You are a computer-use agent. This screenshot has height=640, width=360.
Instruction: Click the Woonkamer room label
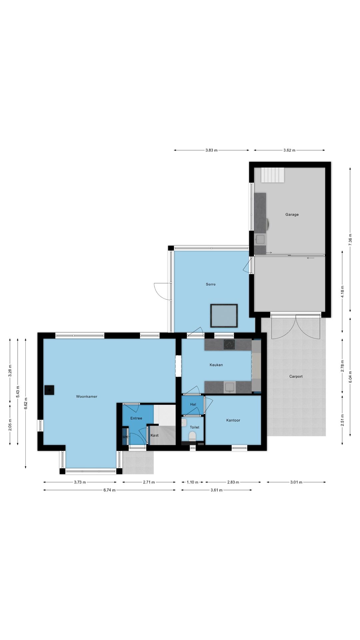(87, 397)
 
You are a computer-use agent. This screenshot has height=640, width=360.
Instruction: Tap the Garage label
(292, 215)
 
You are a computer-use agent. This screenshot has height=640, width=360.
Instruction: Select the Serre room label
(211, 284)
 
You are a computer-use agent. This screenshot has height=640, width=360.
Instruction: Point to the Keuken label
(216, 365)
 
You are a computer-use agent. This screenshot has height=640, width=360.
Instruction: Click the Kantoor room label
(233, 420)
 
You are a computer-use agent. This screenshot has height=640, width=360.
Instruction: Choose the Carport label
(296, 377)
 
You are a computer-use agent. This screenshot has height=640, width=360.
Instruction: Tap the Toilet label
(195, 427)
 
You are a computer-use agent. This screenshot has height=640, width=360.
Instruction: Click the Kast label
(155, 435)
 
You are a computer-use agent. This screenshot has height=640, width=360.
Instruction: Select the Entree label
(136, 418)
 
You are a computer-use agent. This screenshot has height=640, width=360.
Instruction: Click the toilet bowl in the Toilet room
(192, 436)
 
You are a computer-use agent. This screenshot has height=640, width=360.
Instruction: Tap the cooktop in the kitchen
(229, 344)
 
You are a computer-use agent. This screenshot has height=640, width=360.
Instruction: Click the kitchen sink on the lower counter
(230, 387)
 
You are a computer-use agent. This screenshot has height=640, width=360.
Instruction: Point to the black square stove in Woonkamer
(50, 390)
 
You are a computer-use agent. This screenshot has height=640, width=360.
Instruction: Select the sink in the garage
(260, 239)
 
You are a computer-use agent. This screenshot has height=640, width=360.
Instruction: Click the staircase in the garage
(273, 175)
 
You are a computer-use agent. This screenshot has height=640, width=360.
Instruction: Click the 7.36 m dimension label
(350, 240)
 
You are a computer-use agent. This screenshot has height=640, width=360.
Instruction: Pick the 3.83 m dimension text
(211, 150)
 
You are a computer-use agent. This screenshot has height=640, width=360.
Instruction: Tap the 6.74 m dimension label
(109, 490)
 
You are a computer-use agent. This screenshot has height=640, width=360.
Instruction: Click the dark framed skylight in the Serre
(224, 316)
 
